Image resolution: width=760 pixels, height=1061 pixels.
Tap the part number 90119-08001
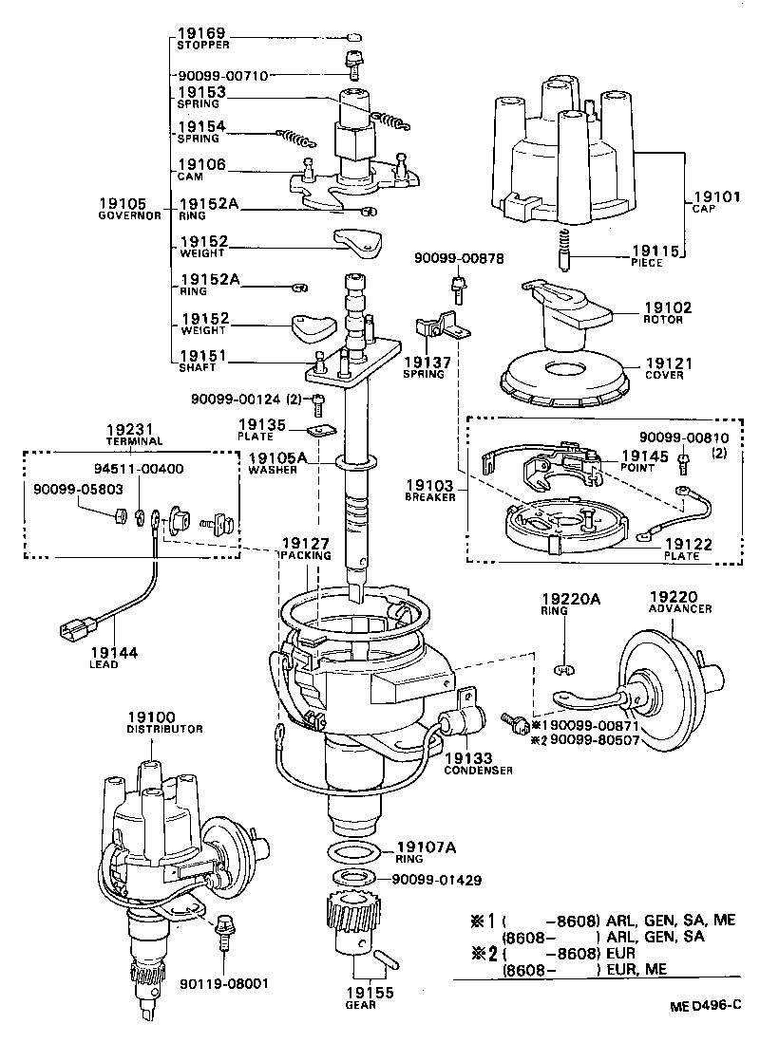coord(222,984)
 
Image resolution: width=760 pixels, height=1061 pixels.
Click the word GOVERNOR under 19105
coord(132,215)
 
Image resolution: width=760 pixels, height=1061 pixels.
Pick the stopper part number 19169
coord(201,33)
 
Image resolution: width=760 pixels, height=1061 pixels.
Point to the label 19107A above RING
coord(427,847)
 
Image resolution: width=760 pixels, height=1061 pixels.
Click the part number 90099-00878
coord(458,259)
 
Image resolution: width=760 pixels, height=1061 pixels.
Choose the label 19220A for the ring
coord(573,599)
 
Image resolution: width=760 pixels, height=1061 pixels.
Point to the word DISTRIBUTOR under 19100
coord(165,729)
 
